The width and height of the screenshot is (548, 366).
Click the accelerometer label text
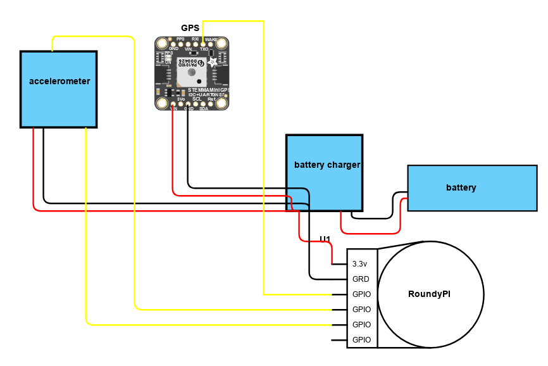[59, 81]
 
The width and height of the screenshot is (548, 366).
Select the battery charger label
[327, 165]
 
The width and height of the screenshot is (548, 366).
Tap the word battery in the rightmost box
[461, 187]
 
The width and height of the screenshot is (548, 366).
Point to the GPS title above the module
[190, 28]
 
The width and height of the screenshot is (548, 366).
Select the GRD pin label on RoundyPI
[361, 279]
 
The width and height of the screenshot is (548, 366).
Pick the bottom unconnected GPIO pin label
[361, 340]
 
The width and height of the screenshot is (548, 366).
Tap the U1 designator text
[325, 239]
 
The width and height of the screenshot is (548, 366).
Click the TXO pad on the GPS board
[202, 44]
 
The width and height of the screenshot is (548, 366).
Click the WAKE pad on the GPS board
[211, 44]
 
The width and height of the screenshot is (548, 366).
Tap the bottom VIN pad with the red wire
[173, 104]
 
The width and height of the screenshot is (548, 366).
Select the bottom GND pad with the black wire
[188, 104]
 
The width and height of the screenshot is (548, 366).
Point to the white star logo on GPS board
[212, 62]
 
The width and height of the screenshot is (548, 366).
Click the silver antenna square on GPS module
[191, 75]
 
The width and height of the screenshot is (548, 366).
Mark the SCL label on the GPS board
[197, 99]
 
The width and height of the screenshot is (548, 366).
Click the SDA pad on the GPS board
[203, 104]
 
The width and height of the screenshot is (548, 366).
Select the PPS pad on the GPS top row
[181, 44]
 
